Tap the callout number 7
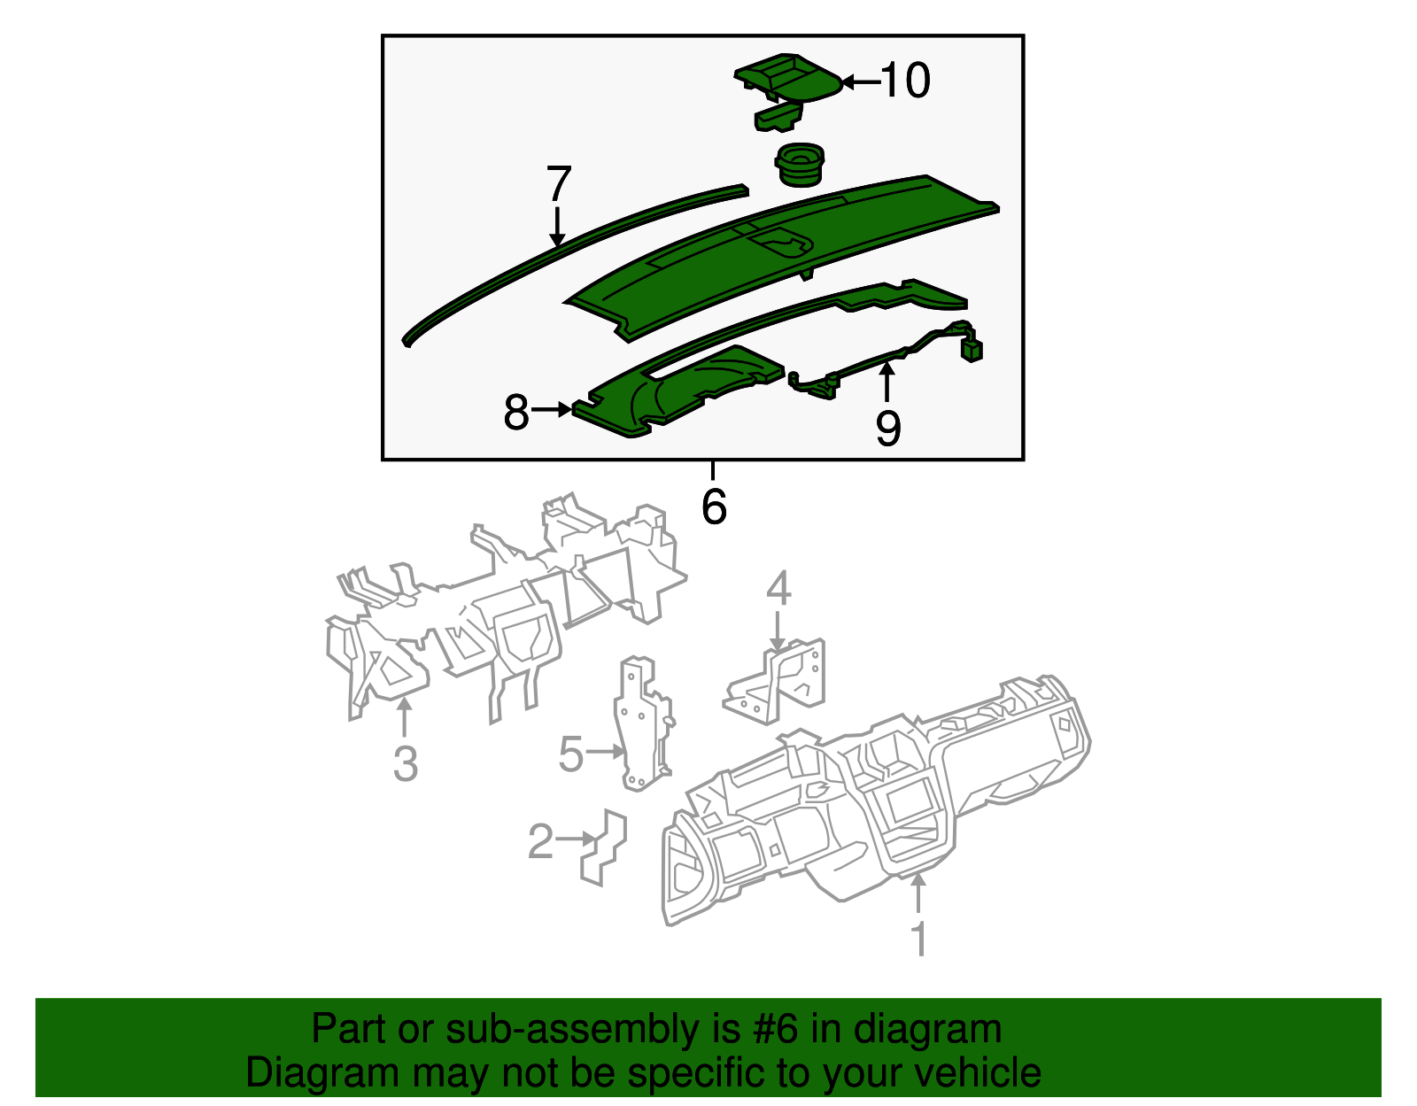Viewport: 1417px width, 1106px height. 558,185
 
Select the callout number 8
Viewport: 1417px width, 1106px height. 516,413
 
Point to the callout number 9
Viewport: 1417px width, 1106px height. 887,429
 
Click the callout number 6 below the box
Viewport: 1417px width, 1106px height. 714,507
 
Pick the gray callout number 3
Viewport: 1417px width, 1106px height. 405,763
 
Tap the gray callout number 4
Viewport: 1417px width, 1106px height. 778,589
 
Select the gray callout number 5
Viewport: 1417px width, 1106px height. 571,755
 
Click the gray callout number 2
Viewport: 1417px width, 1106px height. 540,841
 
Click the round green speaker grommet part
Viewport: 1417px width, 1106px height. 800,165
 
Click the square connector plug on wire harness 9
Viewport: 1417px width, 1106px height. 972,350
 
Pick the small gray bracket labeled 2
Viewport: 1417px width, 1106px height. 605,846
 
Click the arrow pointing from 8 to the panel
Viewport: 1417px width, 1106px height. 553,409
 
